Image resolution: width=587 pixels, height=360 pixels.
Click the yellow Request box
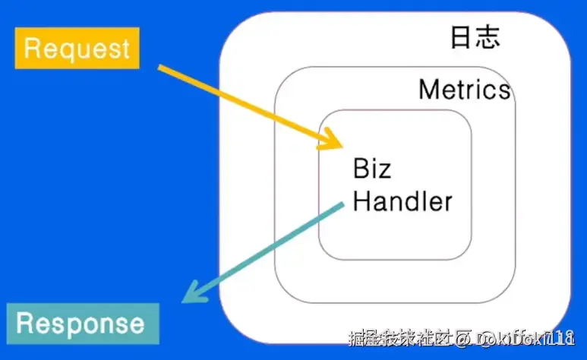pos(77,49)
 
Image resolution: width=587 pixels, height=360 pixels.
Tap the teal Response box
pos(81,324)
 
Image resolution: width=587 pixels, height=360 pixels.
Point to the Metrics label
pos(464,90)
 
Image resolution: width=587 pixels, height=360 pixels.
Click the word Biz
pos(372,168)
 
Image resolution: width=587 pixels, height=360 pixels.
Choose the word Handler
pos(402,201)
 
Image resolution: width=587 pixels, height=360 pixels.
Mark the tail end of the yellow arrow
pos(160,68)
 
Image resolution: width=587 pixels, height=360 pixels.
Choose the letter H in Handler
pos(362,201)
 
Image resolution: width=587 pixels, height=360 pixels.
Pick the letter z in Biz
pos(385,170)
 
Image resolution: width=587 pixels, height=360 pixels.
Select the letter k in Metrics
pos(486,90)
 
